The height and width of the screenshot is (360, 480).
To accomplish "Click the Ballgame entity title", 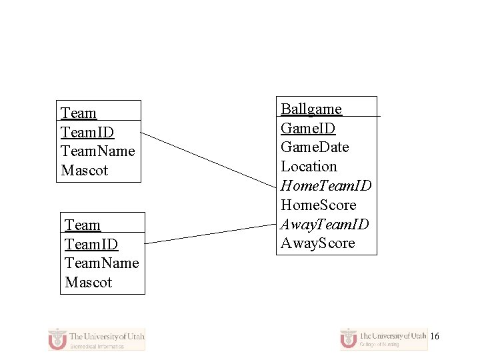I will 311,109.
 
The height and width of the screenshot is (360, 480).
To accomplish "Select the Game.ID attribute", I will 308,128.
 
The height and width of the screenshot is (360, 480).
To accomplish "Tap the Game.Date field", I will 315,147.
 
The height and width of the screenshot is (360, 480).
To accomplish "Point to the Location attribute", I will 309,166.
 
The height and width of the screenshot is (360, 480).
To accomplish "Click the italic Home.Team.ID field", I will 326,185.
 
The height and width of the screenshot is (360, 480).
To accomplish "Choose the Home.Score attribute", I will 319,205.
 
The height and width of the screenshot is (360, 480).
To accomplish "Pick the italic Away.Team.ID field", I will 325,224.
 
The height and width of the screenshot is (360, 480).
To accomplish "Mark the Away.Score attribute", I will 318,243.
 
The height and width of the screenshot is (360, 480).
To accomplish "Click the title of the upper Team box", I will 79,113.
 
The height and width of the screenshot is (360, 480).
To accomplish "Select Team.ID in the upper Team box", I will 87,132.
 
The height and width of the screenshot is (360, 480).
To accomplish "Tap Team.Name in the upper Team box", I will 97,151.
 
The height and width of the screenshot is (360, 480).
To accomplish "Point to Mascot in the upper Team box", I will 84,170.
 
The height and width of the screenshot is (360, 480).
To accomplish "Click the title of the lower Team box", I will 83,225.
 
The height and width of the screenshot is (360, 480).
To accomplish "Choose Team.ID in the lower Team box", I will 91,244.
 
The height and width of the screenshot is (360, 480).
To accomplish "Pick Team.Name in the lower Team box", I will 102,263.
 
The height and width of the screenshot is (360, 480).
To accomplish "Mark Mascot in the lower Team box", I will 89,282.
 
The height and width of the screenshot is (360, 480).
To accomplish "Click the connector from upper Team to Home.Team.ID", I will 209,159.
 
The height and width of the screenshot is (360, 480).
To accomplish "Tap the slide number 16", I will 435,337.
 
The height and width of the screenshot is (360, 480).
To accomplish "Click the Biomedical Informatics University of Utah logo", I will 97,339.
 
